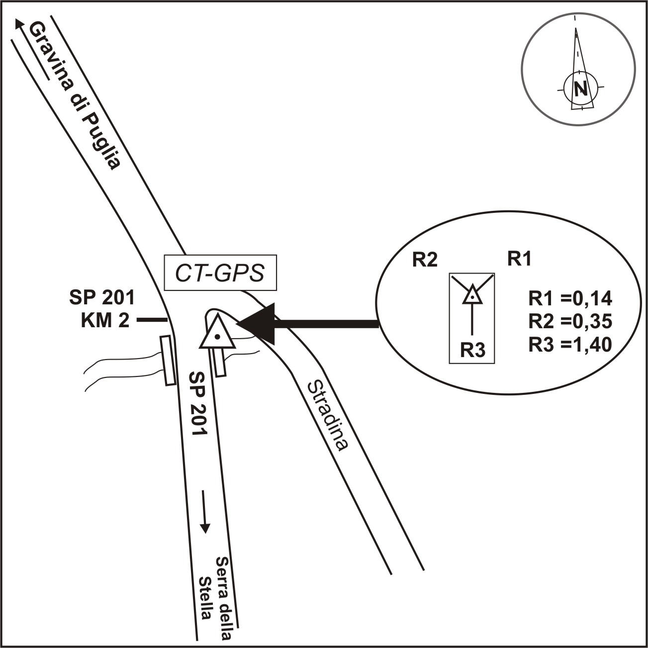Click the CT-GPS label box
coord(220,273)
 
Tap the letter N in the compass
coord(581,89)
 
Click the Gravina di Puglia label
coord(75,96)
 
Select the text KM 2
coord(105,321)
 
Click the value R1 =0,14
coord(570,298)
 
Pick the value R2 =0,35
coord(570,321)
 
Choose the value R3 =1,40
coord(570,344)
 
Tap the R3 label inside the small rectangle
coord(472,351)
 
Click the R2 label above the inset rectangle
coord(425,260)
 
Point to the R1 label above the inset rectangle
coord(519,259)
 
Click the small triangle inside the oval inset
coord(472,294)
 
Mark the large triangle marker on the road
coord(217,332)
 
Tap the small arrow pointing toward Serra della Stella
coord(204,512)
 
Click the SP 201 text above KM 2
coord(102,297)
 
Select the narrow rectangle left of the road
coord(168,361)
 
